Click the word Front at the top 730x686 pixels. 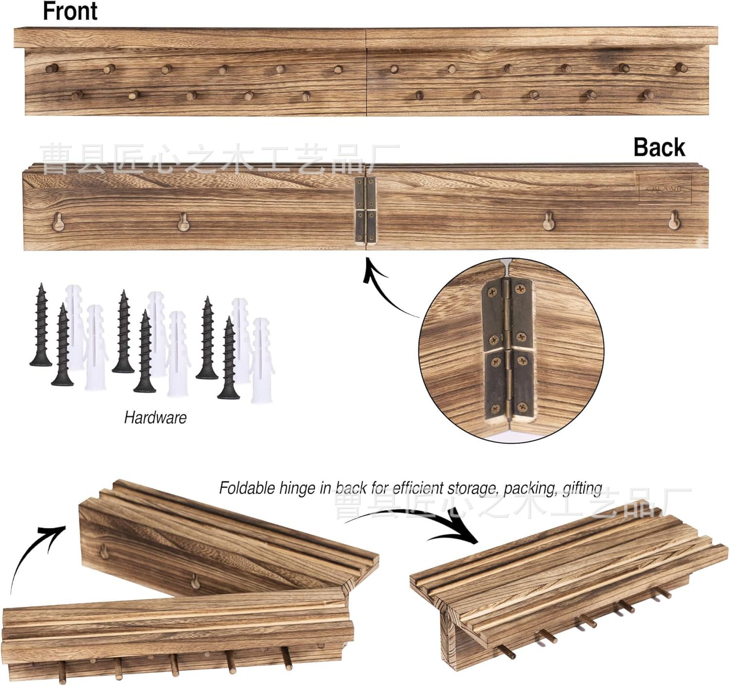point(70,11)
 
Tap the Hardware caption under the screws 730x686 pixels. point(155,417)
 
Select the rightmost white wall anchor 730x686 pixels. point(262,360)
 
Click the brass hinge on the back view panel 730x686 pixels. point(365,210)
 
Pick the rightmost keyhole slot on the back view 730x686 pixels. point(674,220)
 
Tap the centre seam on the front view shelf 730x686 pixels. point(365,73)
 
